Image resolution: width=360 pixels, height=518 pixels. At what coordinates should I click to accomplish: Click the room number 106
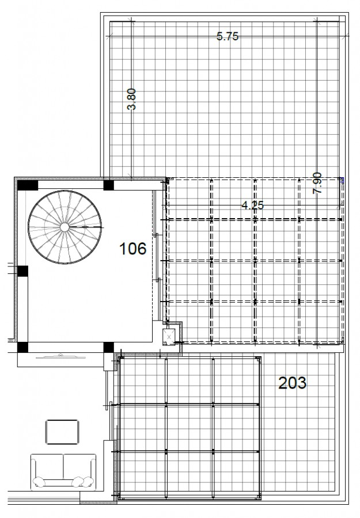coord(132,249)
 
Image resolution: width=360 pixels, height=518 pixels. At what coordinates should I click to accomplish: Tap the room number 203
coord(292,382)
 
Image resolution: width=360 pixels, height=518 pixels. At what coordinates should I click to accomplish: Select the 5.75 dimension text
coord(227,37)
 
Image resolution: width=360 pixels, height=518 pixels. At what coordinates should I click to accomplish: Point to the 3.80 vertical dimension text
coord(131,98)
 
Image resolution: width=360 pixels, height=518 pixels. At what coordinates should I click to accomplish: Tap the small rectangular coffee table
coord(61,432)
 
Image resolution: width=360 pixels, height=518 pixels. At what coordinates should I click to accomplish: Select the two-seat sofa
coord(63,469)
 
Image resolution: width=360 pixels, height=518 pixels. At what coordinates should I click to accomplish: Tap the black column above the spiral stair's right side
coord(108,185)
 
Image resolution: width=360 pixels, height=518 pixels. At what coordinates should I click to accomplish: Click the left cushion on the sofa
coord(40,481)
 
